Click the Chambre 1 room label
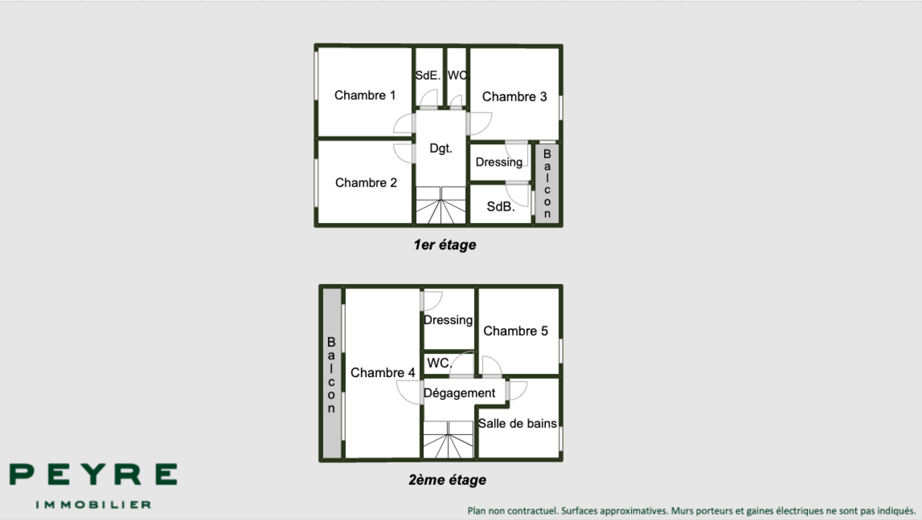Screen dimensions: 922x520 (365, 96)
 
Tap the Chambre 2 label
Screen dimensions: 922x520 (366, 183)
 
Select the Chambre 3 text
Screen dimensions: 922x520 (515, 97)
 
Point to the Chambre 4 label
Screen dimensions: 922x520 (383, 373)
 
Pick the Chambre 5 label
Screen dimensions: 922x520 (516, 331)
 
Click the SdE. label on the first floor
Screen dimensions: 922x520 (428, 75)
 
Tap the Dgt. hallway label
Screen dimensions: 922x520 (441, 148)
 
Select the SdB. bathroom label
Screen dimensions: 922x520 (501, 207)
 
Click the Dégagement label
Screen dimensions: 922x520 (459, 393)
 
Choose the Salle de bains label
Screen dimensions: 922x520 (517, 423)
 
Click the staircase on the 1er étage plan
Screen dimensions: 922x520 (441, 205)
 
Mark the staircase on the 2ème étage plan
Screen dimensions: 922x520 (448, 439)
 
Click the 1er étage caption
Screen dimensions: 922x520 (445, 245)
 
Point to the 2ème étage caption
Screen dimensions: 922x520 (447, 480)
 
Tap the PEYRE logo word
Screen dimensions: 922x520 (93, 475)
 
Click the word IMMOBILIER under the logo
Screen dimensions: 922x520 (93, 505)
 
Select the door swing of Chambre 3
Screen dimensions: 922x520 (481, 123)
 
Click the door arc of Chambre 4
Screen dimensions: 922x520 (408, 393)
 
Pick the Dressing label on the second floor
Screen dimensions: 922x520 (448, 320)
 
